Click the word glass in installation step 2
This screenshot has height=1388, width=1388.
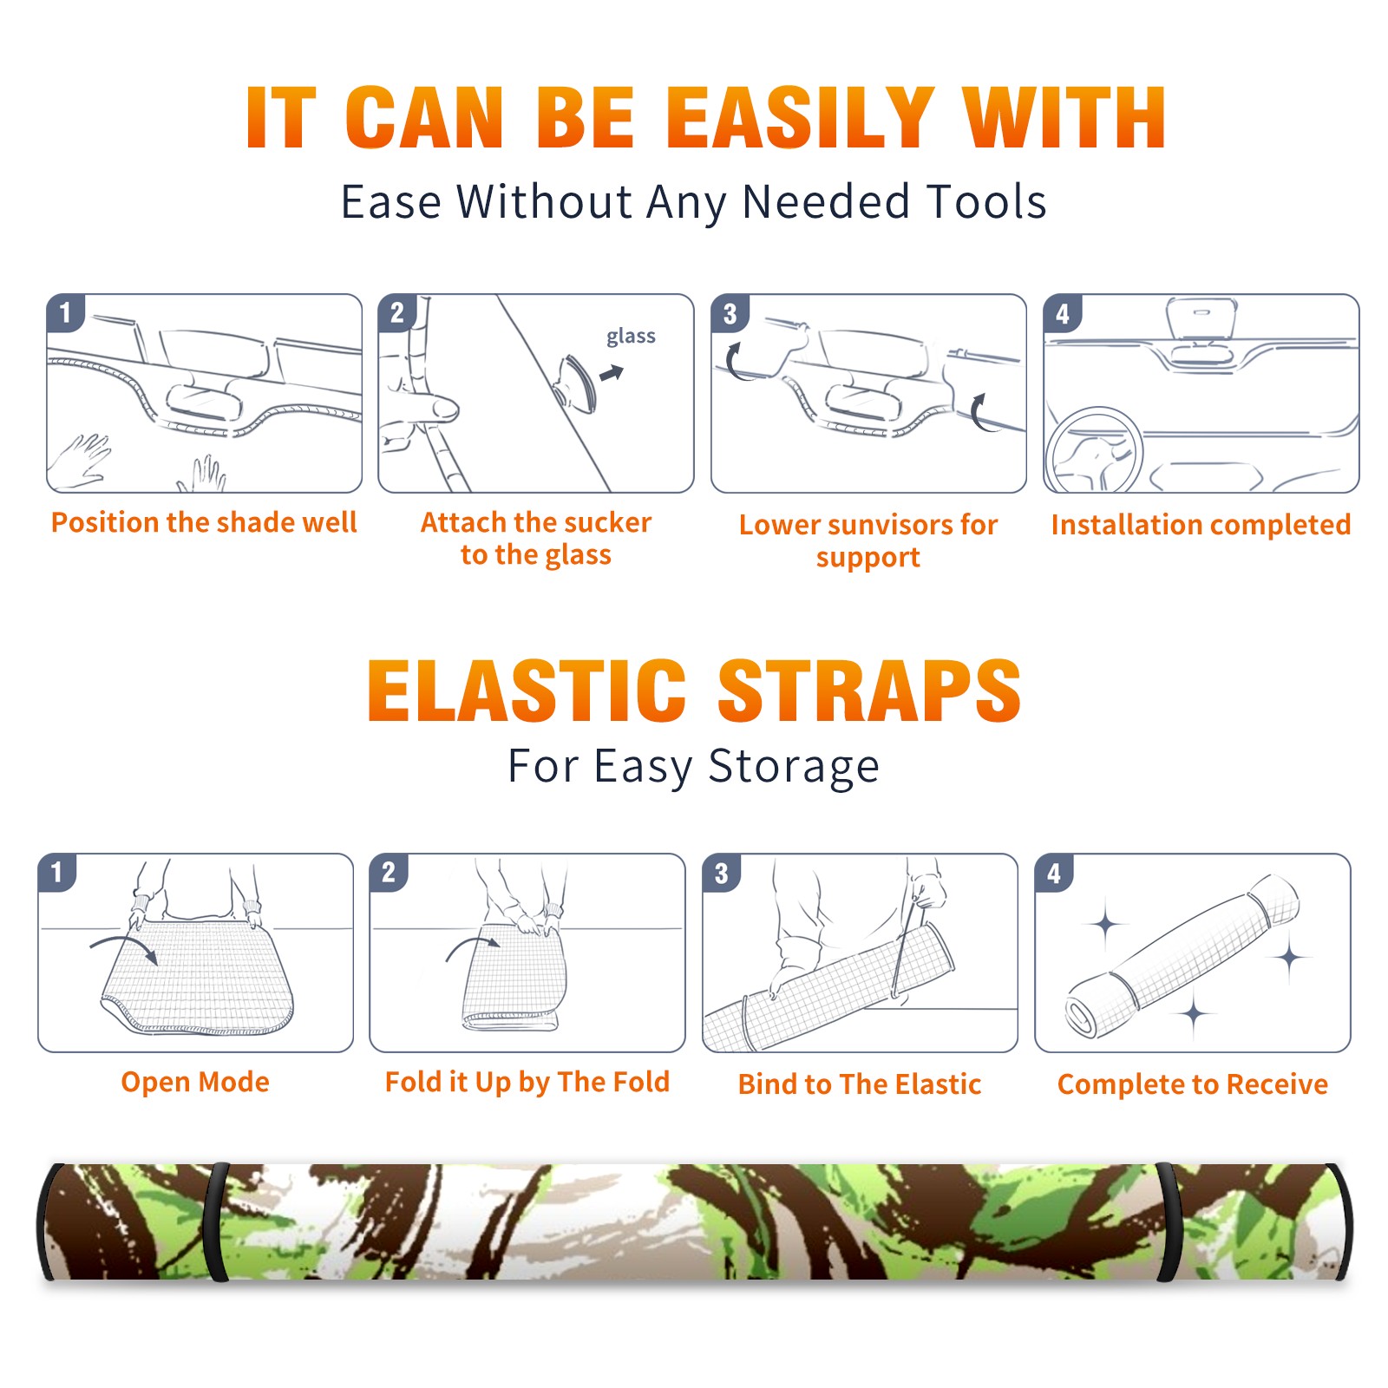click(x=631, y=337)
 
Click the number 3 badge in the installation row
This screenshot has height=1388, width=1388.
click(x=730, y=313)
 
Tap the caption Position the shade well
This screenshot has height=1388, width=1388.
click(x=204, y=522)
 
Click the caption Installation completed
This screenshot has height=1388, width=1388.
click(x=1201, y=525)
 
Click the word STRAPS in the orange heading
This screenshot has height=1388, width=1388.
click(x=869, y=691)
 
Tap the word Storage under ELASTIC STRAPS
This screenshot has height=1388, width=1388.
click(x=794, y=767)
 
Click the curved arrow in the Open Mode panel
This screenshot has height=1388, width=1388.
click(x=124, y=947)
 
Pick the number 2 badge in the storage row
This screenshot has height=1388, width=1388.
click(x=388, y=872)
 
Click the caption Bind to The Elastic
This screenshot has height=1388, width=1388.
click(x=860, y=1084)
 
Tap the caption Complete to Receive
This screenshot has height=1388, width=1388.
click(x=1193, y=1084)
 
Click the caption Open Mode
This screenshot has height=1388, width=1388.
click(x=195, y=1082)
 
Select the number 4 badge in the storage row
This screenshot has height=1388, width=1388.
click(x=1054, y=873)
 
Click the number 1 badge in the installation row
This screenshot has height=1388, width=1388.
click(x=65, y=312)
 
